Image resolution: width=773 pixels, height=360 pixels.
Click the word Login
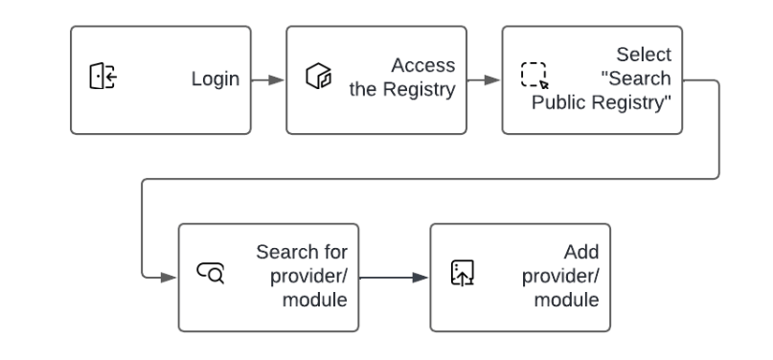tap(216, 79)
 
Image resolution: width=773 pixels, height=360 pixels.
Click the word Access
tap(422, 65)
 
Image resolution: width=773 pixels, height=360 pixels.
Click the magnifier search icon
tap(210, 276)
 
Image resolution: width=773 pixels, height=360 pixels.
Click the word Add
tap(582, 253)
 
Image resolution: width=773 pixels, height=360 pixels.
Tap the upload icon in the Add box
tap(463, 276)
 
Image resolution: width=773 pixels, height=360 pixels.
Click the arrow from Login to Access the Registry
tap(268, 79)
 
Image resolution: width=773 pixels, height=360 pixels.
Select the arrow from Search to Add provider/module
tap(394, 278)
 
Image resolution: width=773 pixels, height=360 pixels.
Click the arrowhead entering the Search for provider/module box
tap(170, 278)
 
